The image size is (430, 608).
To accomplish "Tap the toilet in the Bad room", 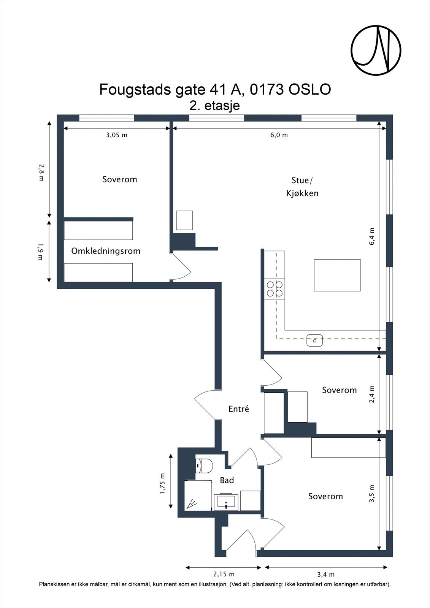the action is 204,466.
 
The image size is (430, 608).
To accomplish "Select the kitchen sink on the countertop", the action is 314,340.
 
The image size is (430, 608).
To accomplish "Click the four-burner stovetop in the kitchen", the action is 275,289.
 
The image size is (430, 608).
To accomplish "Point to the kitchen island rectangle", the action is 337,275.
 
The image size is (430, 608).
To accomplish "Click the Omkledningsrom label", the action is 106,251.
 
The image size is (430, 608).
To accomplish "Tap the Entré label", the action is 239,409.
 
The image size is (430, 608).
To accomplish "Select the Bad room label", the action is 227,480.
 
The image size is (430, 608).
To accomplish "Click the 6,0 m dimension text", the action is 279,135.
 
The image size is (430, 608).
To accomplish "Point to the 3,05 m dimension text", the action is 117,135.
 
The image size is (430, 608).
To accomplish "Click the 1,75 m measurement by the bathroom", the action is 162,483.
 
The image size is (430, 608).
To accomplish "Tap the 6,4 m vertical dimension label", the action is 372,236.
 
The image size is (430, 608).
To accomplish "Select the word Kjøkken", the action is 302,193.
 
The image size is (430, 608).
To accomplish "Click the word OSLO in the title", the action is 309,90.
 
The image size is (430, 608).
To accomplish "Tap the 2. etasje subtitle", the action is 214,106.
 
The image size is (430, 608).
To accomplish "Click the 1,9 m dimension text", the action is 40,252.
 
